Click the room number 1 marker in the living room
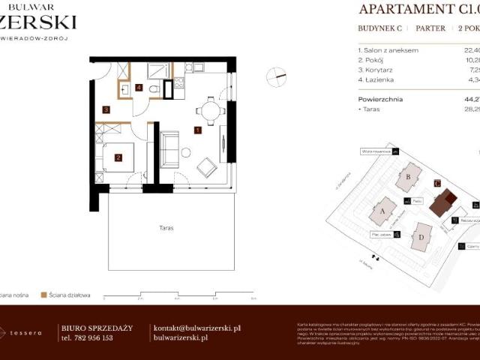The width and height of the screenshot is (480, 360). pos(197,130)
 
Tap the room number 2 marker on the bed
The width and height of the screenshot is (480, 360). pos(118,157)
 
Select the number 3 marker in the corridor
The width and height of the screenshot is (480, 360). pos(106,110)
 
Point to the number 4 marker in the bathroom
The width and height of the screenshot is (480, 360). pos(139,87)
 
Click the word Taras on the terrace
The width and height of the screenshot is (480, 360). pos(166,227)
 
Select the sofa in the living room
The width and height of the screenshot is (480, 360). pos(169,148)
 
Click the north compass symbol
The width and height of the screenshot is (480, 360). pos(280,74)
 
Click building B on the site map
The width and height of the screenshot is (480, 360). pos(409,178)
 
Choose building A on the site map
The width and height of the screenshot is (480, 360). pos(382,211)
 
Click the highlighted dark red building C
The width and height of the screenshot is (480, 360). pos(446,201)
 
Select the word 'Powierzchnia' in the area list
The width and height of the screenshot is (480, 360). pos(380,98)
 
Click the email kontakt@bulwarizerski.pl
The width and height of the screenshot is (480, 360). pos(196,328)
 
